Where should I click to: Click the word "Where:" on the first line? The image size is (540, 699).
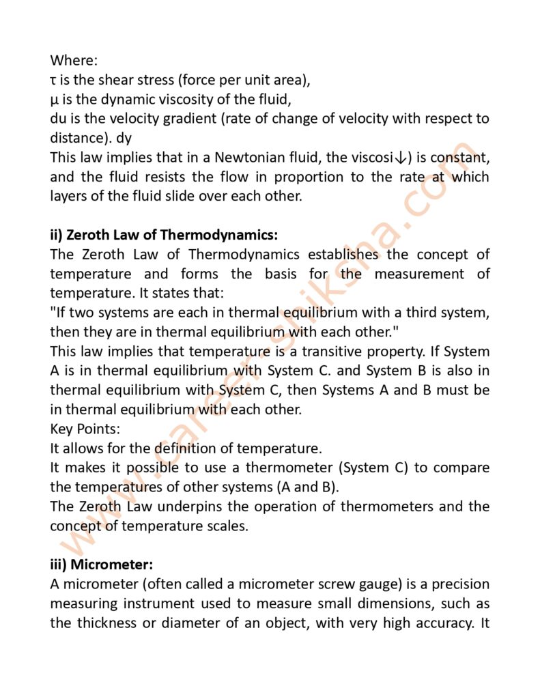(71, 61)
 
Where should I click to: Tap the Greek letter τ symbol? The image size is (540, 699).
(54, 81)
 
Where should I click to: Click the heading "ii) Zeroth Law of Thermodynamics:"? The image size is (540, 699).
(164, 235)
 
